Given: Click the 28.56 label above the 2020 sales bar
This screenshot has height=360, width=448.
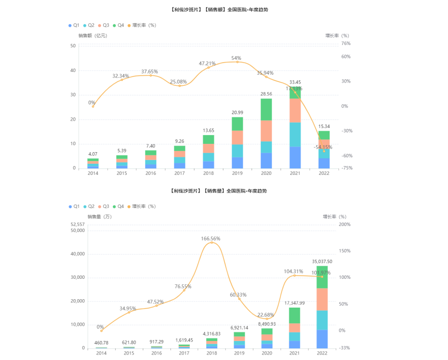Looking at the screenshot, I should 266,94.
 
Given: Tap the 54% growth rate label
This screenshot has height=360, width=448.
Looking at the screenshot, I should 236,58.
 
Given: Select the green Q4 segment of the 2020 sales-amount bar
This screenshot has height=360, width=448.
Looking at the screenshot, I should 266,109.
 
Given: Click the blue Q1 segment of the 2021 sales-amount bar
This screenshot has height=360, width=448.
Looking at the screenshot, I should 295,157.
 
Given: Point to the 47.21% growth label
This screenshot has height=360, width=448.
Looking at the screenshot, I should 208,64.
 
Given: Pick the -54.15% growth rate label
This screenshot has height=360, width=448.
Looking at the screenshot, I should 323,147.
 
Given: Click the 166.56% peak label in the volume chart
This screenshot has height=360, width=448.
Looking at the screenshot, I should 210,238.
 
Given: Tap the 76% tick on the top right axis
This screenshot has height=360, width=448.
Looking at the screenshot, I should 345,44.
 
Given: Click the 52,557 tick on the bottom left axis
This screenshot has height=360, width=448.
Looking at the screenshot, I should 78,225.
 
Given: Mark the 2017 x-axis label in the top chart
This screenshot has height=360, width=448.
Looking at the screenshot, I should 180,174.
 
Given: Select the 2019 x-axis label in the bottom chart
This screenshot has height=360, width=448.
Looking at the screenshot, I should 239,353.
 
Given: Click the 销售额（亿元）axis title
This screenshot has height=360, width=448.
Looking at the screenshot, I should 92,35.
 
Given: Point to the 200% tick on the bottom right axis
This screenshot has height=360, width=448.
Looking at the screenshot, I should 344,225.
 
